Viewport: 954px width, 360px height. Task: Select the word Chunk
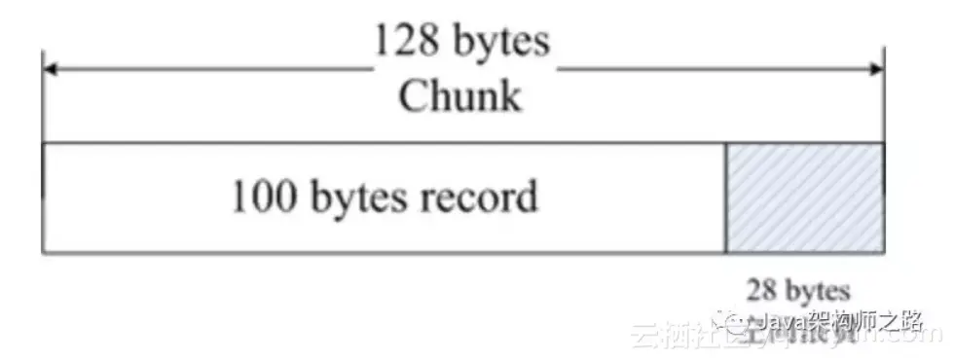(x=459, y=96)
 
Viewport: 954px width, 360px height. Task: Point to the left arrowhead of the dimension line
(x=48, y=69)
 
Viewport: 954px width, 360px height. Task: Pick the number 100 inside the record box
(x=261, y=198)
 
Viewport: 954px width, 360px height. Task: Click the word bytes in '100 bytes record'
(x=352, y=198)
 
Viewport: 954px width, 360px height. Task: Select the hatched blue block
(x=805, y=198)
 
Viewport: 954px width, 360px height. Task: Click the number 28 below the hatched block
(x=760, y=290)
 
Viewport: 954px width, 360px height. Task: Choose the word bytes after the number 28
(x=816, y=290)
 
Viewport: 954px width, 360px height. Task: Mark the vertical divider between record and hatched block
(x=725, y=198)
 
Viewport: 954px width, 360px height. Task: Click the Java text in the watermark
(x=778, y=321)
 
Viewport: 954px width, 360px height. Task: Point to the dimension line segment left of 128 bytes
(x=209, y=69)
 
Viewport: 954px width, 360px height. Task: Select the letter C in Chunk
(x=413, y=96)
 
